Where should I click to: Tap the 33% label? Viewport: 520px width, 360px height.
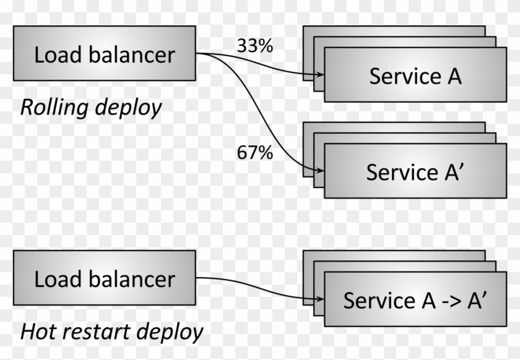click(x=254, y=46)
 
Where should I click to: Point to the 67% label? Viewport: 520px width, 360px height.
click(x=254, y=152)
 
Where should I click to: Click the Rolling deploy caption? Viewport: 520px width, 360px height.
click(x=91, y=107)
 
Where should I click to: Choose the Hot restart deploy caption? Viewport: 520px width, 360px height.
click(x=111, y=332)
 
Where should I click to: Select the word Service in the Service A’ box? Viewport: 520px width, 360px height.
click(x=397, y=172)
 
